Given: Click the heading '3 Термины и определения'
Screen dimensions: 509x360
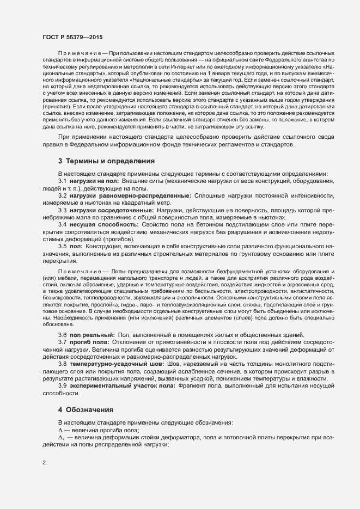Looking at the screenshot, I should [x=106, y=161].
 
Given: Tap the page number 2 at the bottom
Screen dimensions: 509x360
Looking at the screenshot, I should [x=44, y=463].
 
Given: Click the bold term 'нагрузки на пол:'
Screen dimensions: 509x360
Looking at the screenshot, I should [x=94, y=181].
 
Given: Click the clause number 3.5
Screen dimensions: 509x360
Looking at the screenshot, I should [x=62, y=247].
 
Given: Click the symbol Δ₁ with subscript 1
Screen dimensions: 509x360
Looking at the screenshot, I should [x=62, y=437].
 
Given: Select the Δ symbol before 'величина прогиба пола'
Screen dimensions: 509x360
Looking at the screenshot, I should [x=60, y=430].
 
